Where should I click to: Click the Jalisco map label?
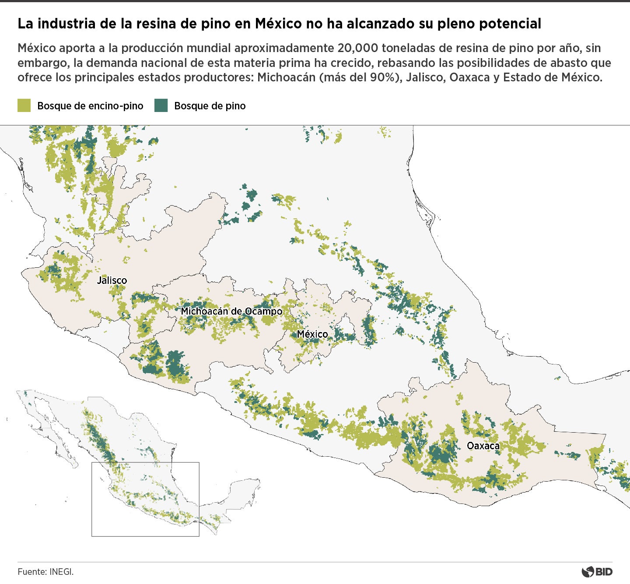pyautogui.click(x=112, y=280)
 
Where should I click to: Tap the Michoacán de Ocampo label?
pyautogui.click(x=231, y=311)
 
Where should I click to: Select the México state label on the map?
pyautogui.click(x=312, y=334)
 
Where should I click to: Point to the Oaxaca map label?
pyautogui.click(x=483, y=446)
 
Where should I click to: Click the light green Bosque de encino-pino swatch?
pyautogui.click(x=24, y=105)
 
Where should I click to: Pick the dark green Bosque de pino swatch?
pyautogui.click(x=161, y=105)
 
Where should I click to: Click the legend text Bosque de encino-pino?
pyautogui.click(x=90, y=106)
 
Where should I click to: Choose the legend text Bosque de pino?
pyautogui.click(x=210, y=106)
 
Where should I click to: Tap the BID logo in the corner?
pyautogui.click(x=597, y=571)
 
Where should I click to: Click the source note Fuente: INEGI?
pyautogui.click(x=45, y=571)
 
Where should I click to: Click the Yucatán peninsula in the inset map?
pyautogui.click(x=245, y=490)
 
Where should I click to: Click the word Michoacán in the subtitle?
pyautogui.click(x=286, y=77)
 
